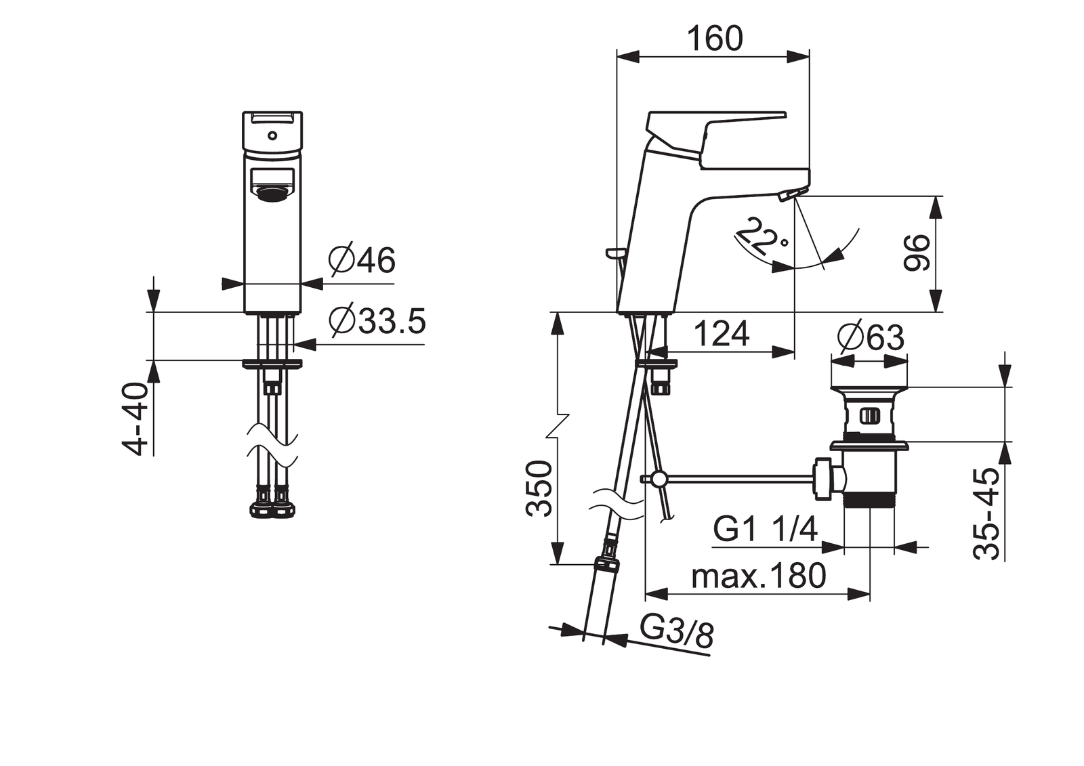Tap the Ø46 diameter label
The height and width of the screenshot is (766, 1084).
click(362, 260)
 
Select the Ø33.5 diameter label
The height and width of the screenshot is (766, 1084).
click(377, 321)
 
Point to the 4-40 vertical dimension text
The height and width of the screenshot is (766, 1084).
click(133, 419)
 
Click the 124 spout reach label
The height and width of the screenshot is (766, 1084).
click(722, 333)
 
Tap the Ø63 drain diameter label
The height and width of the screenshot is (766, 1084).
click(871, 337)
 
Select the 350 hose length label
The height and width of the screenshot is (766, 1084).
click(539, 489)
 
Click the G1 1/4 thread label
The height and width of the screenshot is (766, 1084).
click(765, 529)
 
